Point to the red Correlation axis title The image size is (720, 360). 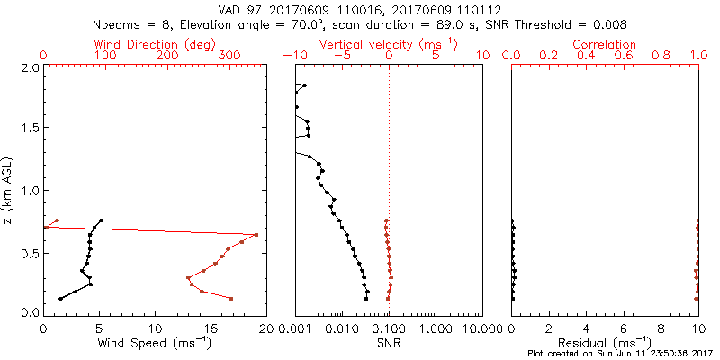605,44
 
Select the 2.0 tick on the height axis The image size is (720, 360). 30,67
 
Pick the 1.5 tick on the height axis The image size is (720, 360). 30,129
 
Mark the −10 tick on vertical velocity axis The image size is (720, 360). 294,56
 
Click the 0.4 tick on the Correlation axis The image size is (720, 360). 586,56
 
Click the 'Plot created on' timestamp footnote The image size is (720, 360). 620,353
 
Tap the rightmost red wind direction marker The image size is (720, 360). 256,235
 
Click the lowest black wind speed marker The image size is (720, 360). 61,299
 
